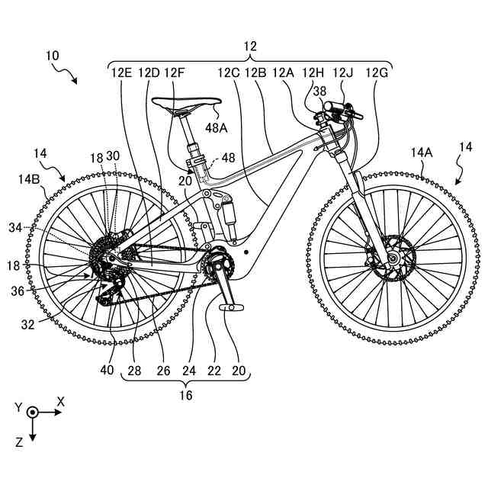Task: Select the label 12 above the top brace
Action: pyautogui.click(x=250, y=47)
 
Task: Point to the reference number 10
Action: pyautogui.click(x=53, y=56)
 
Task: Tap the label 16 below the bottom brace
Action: pyautogui.click(x=186, y=395)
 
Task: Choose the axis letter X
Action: pyautogui.click(x=61, y=400)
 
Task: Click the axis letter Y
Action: pyautogui.click(x=18, y=407)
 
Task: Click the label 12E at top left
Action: pyautogui.click(x=122, y=73)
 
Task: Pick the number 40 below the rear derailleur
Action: pyautogui.click(x=110, y=371)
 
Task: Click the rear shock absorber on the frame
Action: pyautogui.click(x=227, y=213)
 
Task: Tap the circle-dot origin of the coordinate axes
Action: pyautogui.click(x=33, y=412)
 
